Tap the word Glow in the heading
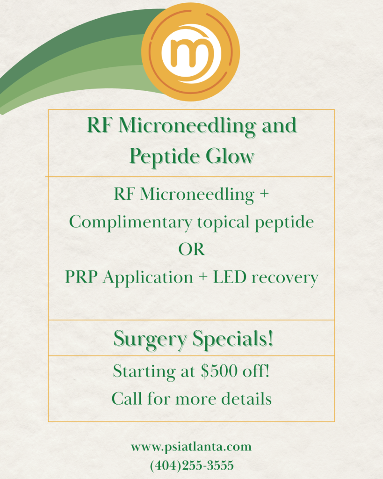[x=230, y=156]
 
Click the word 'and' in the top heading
[x=279, y=125]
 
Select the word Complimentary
[x=131, y=223]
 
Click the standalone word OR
[x=192, y=250]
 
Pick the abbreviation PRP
[x=81, y=277]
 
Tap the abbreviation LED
[x=230, y=277]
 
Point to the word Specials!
[x=233, y=339]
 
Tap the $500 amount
[x=219, y=371]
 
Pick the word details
[x=246, y=399]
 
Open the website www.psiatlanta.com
[x=191, y=447]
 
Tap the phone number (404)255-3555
[x=192, y=465]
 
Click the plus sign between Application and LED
[x=203, y=278]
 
